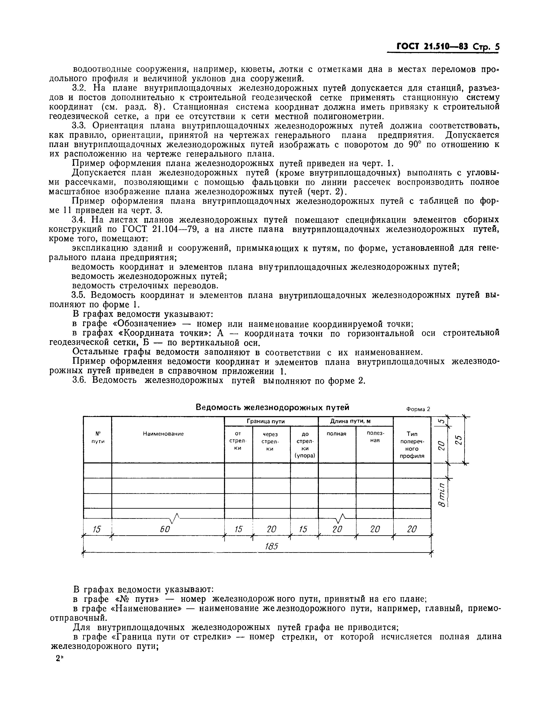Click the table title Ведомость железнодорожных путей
click(272, 407)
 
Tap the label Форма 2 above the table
click(418, 409)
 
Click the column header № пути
click(98, 437)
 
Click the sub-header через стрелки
click(270, 441)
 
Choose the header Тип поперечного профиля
click(412, 444)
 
